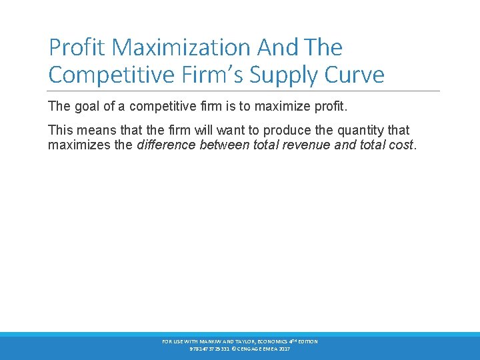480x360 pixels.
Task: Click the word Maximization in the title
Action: (x=182, y=47)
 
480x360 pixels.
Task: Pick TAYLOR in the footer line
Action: (x=241, y=341)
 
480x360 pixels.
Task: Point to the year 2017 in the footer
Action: (x=284, y=349)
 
